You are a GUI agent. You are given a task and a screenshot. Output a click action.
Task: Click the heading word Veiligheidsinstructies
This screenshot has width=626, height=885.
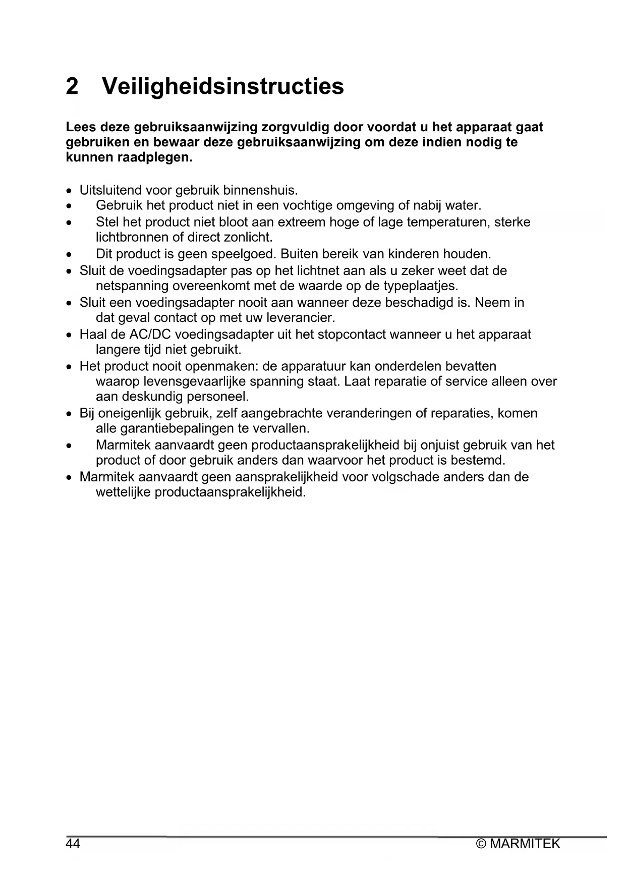tap(223, 86)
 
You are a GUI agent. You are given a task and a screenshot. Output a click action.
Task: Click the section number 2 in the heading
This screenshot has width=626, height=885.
tap(72, 86)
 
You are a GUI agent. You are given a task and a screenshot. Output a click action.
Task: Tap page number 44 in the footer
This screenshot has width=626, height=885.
tap(73, 844)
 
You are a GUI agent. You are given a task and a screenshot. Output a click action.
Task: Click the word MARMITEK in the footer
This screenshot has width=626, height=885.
tap(525, 844)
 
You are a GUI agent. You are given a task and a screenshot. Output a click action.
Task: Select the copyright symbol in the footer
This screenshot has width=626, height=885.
tap(481, 844)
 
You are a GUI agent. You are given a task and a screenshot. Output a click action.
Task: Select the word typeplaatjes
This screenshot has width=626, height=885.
tap(421, 286)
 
